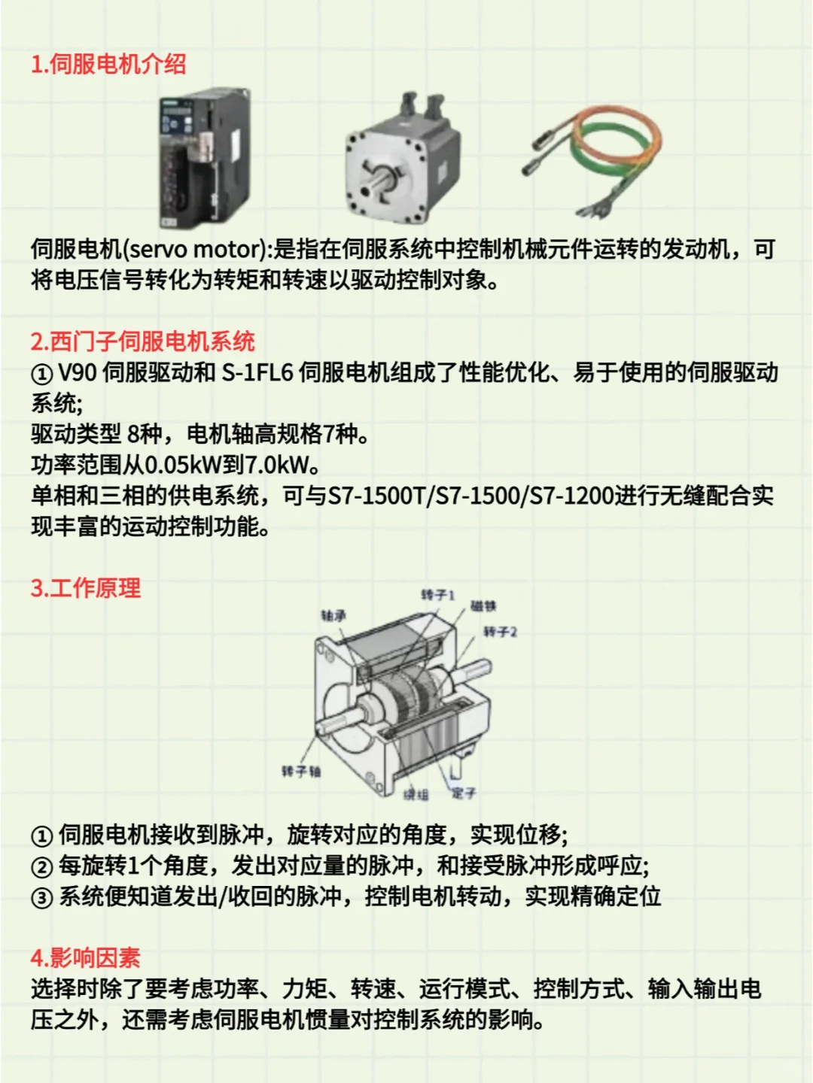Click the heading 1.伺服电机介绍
(108, 64)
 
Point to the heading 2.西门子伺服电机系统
(143, 341)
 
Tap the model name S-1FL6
(257, 372)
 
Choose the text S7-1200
(572, 496)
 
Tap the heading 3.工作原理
(86, 588)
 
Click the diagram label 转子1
(437, 595)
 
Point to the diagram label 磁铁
(483, 606)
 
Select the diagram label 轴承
(333, 616)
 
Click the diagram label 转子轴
(301, 771)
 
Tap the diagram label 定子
(464, 793)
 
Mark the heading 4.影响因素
(86, 958)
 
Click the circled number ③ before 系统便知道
(41, 897)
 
